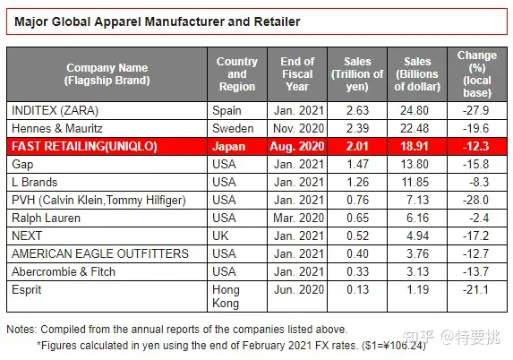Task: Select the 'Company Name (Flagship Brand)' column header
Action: click(108, 73)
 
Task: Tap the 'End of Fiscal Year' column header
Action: click(297, 73)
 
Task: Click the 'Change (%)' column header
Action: click(476, 73)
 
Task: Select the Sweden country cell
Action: click(233, 128)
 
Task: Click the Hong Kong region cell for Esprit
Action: click(230, 296)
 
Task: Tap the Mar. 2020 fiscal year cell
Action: click(297, 219)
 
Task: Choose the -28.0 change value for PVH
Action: click(476, 201)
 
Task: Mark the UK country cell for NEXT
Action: click(223, 236)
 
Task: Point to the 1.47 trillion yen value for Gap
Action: click(357, 165)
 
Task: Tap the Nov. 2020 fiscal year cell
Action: click(297, 128)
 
